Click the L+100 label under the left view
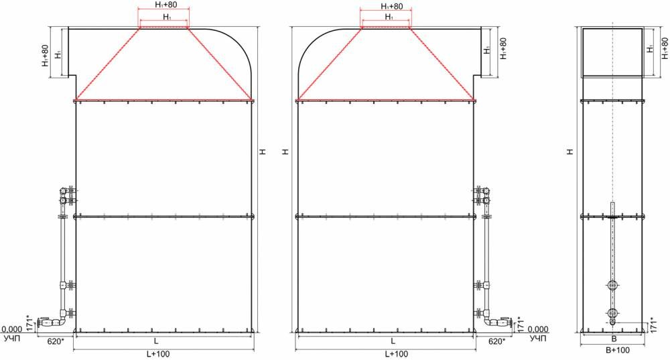[x=158, y=354]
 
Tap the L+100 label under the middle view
[x=397, y=354]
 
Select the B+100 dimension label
[x=618, y=350]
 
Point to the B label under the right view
[x=614, y=339]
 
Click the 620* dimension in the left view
[x=56, y=342]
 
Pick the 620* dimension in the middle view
[x=496, y=342]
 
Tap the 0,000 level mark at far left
[x=11, y=329]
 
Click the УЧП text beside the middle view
[x=538, y=339]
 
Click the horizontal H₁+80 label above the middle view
[x=391, y=7]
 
